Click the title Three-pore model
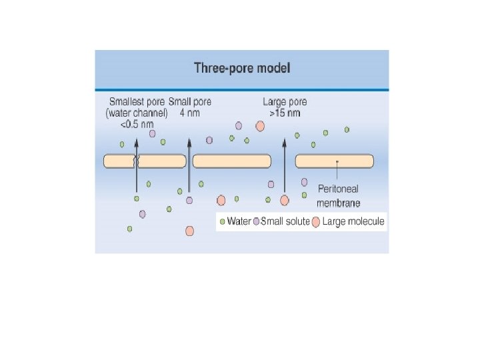point(241,68)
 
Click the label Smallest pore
point(137,102)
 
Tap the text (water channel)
point(137,113)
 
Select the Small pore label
point(190,102)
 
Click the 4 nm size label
point(190,113)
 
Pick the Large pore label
point(285,102)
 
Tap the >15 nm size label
point(285,113)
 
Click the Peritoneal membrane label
point(339,196)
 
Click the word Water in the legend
point(239,221)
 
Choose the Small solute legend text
point(285,221)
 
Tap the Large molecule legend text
point(353,221)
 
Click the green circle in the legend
point(223,221)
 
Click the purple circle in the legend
point(257,221)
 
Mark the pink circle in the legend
point(316,222)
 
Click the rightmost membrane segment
point(335,161)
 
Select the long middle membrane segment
point(231,161)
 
